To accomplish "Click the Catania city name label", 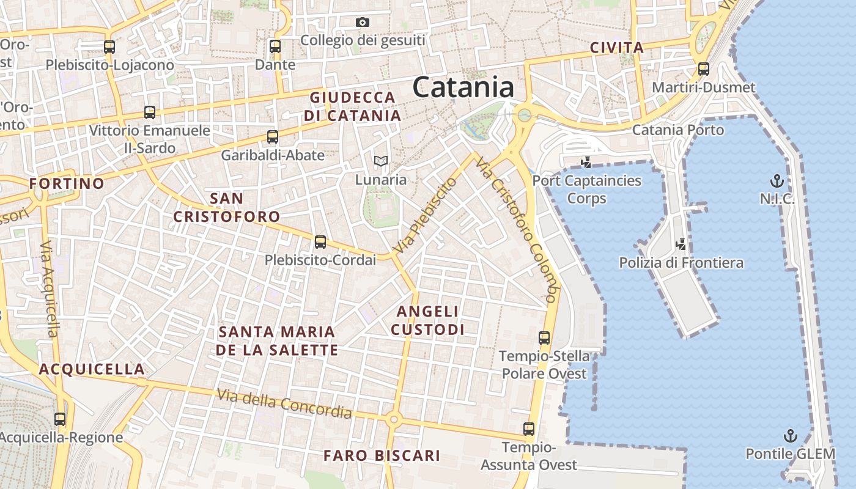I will (x=463, y=87).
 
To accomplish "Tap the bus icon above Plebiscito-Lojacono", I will (x=109, y=46).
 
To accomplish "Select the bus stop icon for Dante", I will (x=275, y=46).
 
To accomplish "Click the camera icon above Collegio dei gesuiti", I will (x=363, y=23).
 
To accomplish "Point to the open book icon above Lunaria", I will (x=381, y=161).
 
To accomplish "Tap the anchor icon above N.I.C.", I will (x=777, y=181).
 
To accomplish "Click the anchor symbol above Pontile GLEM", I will (x=791, y=436).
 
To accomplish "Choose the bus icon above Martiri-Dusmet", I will (x=704, y=68).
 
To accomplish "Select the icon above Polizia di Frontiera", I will (x=681, y=244).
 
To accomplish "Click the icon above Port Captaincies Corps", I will (x=586, y=163).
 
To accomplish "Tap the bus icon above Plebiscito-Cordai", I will (x=320, y=242).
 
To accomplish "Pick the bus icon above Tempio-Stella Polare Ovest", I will (x=544, y=337).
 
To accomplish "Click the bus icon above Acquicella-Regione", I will (x=60, y=419).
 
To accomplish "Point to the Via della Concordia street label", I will (x=284, y=404).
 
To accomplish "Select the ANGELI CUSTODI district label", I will (x=427, y=320).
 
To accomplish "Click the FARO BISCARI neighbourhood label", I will (x=382, y=455).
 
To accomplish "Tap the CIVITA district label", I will (x=617, y=48).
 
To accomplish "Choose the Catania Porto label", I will (x=677, y=130).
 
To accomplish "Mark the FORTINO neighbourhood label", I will (x=67, y=183).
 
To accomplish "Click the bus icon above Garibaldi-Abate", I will (x=273, y=137).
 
